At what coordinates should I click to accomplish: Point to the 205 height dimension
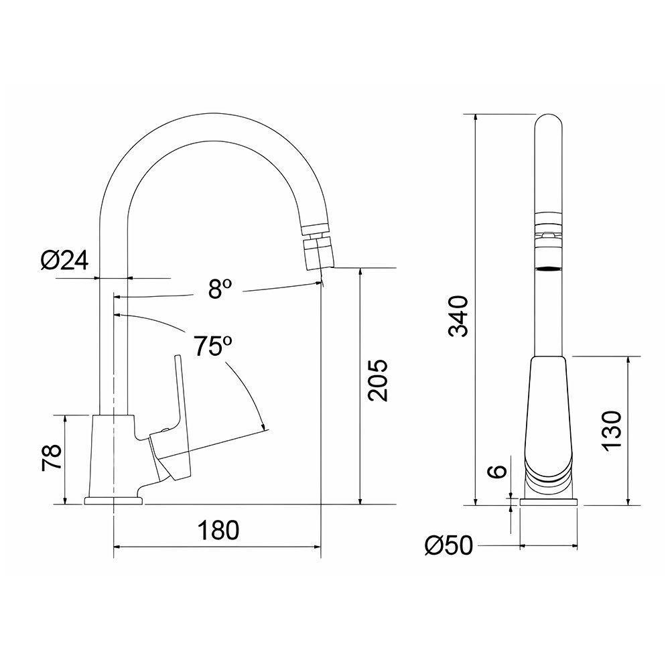click(378, 381)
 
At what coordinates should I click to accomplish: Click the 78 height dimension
click(53, 458)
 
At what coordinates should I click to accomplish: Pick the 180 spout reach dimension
click(218, 531)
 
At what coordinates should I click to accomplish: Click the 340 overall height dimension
click(458, 316)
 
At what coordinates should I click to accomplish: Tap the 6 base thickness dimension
click(496, 471)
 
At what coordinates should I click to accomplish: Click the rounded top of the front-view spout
click(549, 124)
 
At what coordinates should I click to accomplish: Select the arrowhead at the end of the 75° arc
click(263, 426)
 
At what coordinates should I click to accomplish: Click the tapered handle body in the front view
click(549, 409)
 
